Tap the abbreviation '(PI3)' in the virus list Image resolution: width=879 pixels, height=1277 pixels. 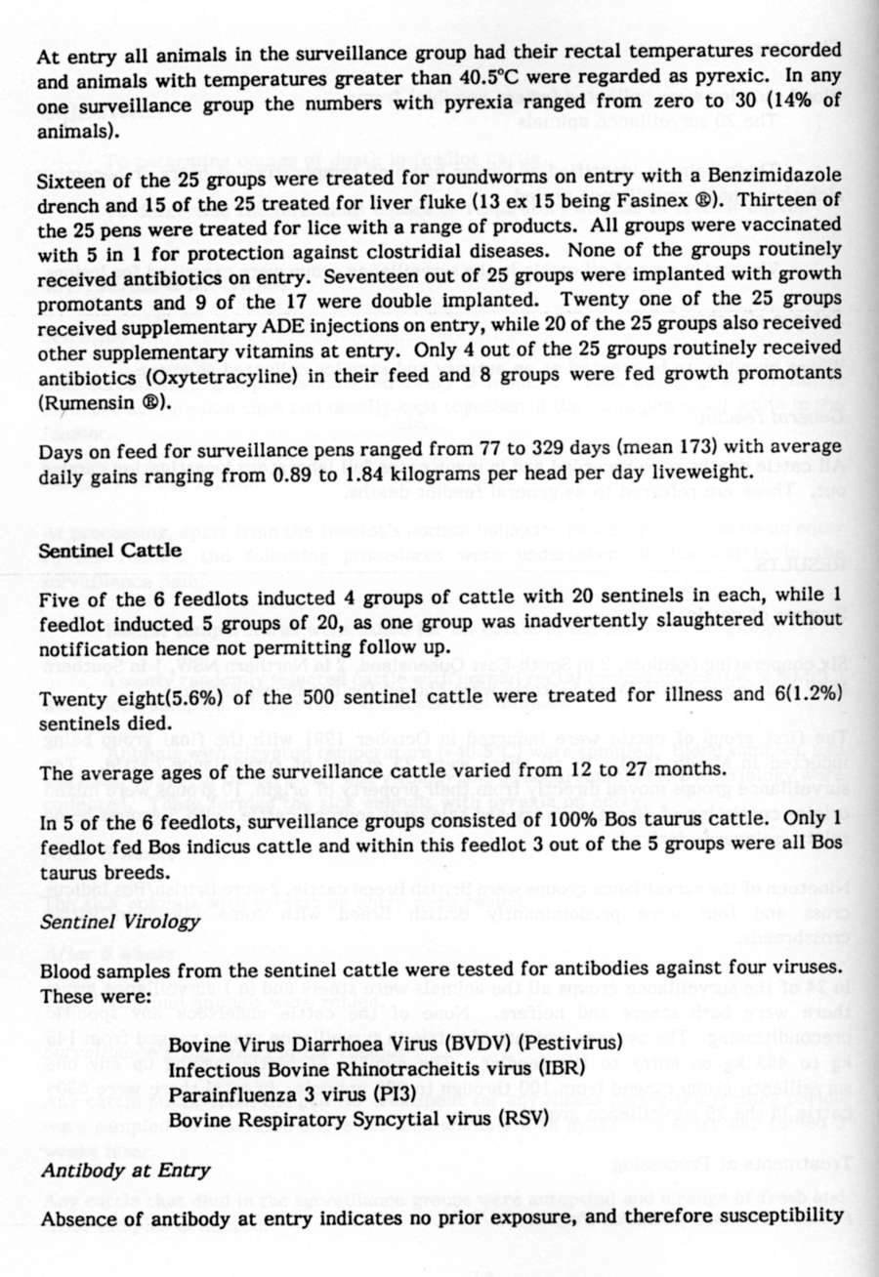click(x=399, y=1092)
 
